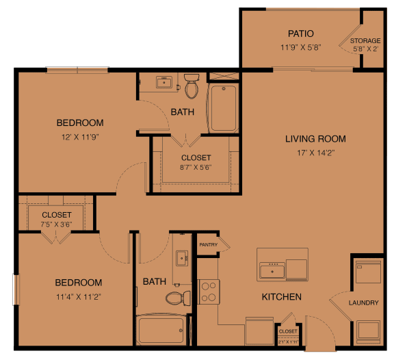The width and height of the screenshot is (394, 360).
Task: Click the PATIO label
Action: click(300, 33)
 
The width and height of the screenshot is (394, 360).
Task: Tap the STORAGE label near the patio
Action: click(365, 41)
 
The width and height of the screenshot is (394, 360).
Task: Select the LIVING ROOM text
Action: click(315, 139)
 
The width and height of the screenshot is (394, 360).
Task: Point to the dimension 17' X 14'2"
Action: click(315, 153)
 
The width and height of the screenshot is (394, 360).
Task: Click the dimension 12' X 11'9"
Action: click(79, 137)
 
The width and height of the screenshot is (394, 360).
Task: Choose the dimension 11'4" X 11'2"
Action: click(79, 296)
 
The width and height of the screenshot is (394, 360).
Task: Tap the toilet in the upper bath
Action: click(192, 87)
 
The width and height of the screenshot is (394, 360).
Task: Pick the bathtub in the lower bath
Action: click(161, 330)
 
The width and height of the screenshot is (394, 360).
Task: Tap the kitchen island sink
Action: click(272, 271)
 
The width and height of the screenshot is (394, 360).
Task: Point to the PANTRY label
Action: click(208, 244)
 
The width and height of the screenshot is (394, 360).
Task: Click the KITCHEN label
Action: click(282, 297)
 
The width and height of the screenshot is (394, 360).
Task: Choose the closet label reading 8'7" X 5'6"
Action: click(196, 166)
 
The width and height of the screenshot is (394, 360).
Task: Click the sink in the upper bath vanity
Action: click(163, 83)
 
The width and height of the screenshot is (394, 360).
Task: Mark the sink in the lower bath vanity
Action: click(181, 258)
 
